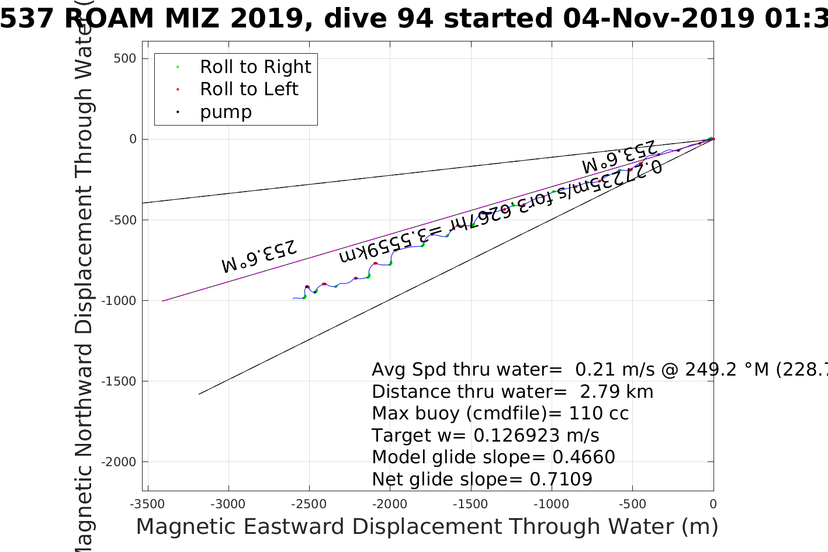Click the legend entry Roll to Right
click(x=255, y=67)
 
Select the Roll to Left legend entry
click(x=249, y=89)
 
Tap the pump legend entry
click(x=226, y=112)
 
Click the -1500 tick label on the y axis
click(x=120, y=381)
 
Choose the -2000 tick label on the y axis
click(x=120, y=462)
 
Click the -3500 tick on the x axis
click(x=147, y=504)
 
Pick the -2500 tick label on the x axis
click(x=309, y=504)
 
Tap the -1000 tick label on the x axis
click(x=551, y=504)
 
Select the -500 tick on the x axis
click(x=632, y=504)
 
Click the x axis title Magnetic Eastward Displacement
click(x=427, y=527)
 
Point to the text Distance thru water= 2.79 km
click(x=512, y=391)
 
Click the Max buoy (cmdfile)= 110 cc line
click(x=500, y=414)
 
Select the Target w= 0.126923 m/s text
click(x=485, y=436)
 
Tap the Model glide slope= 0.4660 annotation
click(x=493, y=457)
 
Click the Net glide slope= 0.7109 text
click(x=482, y=480)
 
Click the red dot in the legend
click(x=178, y=89)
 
